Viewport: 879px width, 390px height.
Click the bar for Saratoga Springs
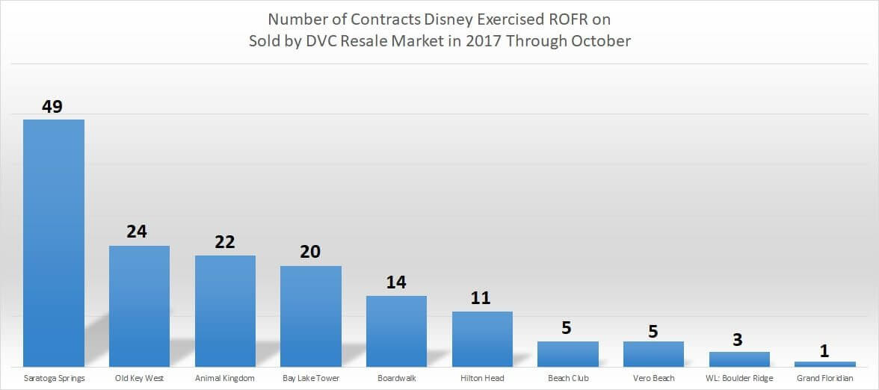click(53, 243)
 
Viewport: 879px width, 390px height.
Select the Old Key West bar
click(139, 306)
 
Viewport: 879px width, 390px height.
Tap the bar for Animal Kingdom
click(225, 311)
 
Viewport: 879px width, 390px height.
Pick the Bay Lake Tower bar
click(310, 316)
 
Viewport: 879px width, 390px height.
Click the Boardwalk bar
click(396, 331)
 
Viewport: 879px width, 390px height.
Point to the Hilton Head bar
click(482, 338)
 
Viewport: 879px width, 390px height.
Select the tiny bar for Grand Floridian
click(824, 364)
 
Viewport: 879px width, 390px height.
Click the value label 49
click(52, 106)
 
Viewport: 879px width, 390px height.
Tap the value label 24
click(137, 232)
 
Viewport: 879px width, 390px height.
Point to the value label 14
click(395, 282)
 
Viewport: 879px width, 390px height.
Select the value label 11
click(481, 298)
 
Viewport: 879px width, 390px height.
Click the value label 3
click(738, 339)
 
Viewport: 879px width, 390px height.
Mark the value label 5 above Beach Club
click(567, 328)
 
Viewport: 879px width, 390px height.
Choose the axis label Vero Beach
click(653, 378)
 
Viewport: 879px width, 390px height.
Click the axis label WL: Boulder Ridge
click(738, 378)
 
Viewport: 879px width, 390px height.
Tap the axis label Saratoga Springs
click(53, 378)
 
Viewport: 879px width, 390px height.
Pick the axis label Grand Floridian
click(824, 378)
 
